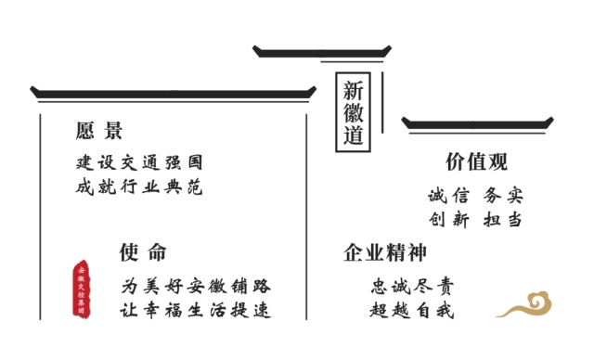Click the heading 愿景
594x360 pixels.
coord(99,131)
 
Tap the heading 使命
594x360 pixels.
coord(143,251)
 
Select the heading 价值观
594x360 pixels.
coord(476,161)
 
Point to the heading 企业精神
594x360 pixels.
coord(384,252)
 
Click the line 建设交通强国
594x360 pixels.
coord(139,162)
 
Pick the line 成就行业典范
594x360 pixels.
coord(139,187)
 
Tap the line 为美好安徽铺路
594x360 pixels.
coord(196,286)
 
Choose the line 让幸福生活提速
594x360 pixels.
coord(196,310)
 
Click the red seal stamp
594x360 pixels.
coord(83,289)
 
